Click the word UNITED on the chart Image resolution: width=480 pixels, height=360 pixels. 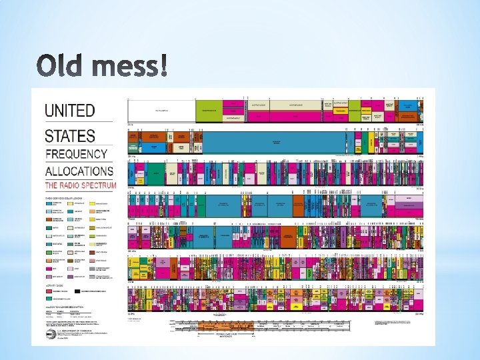pyautogui.click(x=70, y=111)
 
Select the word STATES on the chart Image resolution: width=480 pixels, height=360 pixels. pyautogui.click(x=70, y=136)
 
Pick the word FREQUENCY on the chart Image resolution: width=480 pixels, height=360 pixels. pyautogui.click(x=77, y=155)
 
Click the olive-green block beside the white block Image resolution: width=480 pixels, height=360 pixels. pyautogui.click(x=209, y=110)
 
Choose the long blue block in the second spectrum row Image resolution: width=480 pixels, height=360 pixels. pyautogui.click(x=273, y=141)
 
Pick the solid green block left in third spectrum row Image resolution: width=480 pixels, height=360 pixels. pyautogui.click(x=157, y=175)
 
